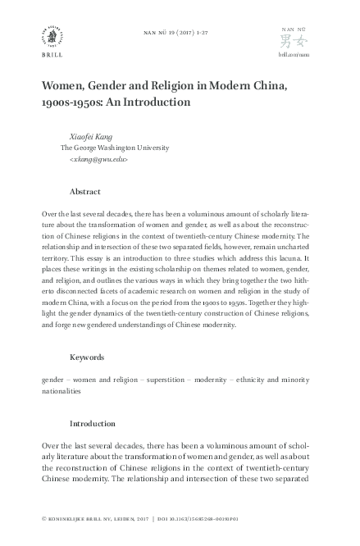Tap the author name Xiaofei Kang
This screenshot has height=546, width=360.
92,136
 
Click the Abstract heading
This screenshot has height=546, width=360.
85,191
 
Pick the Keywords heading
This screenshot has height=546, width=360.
88,357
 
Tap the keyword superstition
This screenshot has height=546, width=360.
171,380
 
